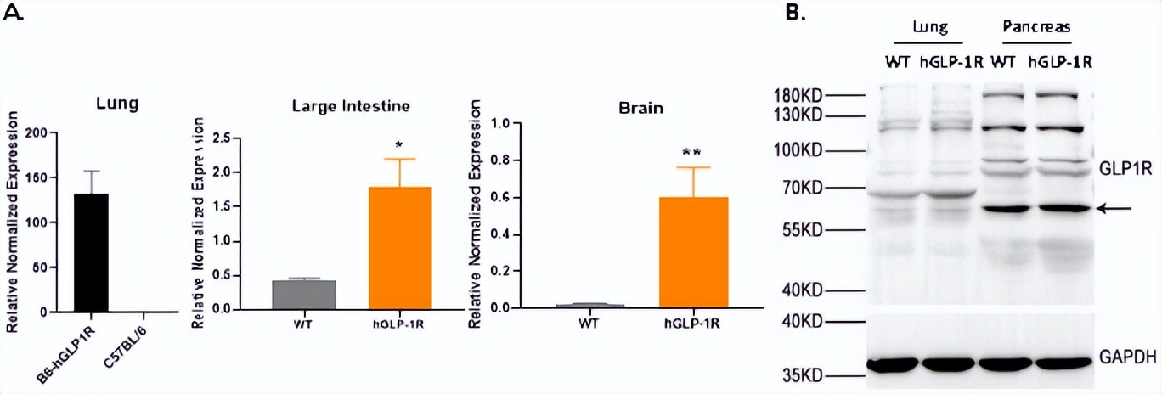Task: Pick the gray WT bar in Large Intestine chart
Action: [304, 294]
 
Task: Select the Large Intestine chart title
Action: [351, 106]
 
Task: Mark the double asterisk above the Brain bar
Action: [692, 153]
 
